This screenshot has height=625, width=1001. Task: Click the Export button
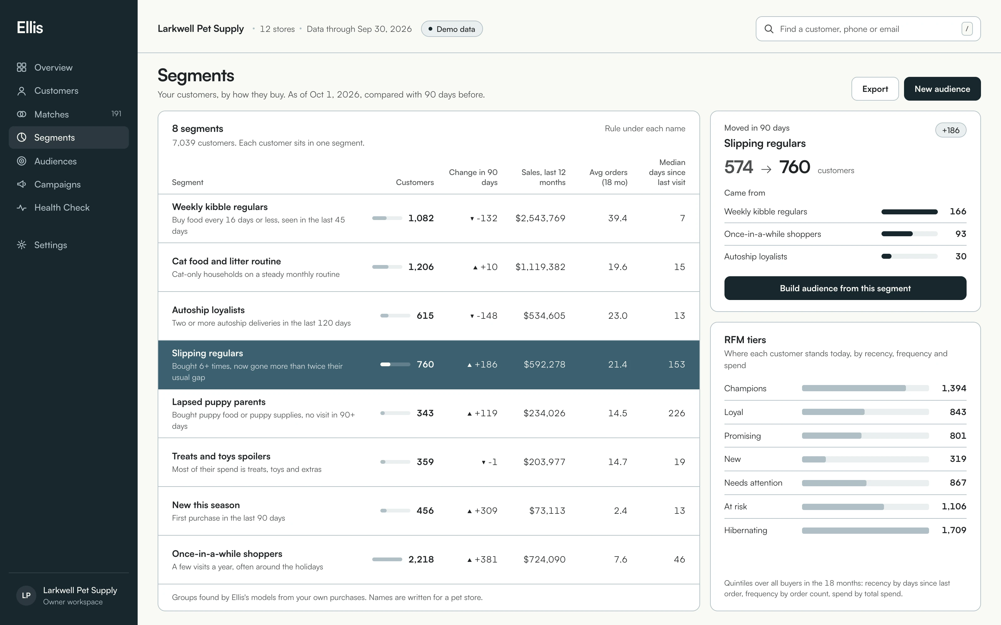pyautogui.click(x=875, y=89)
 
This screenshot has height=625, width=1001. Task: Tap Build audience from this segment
pyautogui.click(x=845, y=288)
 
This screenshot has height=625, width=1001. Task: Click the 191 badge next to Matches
pyautogui.click(x=116, y=114)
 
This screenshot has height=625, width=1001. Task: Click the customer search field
pyautogui.click(x=868, y=29)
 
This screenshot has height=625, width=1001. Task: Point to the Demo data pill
pyautogui.click(x=452, y=29)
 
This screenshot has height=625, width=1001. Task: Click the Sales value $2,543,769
pyautogui.click(x=540, y=218)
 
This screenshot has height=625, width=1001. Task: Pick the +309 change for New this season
pyautogui.click(x=482, y=511)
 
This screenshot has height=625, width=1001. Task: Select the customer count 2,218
pyautogui.click(x=421, y=560)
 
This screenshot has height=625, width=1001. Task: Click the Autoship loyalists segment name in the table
pyautogui.click(x=208, y=310)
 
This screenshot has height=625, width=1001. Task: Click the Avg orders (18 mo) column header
pyautogui.click(x=608, y=177)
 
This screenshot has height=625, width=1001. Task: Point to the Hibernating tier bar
pyautogui.click(x=865, y=530)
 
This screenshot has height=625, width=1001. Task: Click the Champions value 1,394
pyautogui.click(x=954, y=388)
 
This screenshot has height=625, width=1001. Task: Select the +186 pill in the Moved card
pyautogui.click(x=951, y=130)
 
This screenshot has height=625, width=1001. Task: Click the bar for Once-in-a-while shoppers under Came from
pyautogui.click(x=909, y=234)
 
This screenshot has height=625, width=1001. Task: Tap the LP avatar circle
pyautogui.click(x=26, y=596)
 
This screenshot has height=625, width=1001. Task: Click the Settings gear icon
pyautogui.click(x=22, y=245)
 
